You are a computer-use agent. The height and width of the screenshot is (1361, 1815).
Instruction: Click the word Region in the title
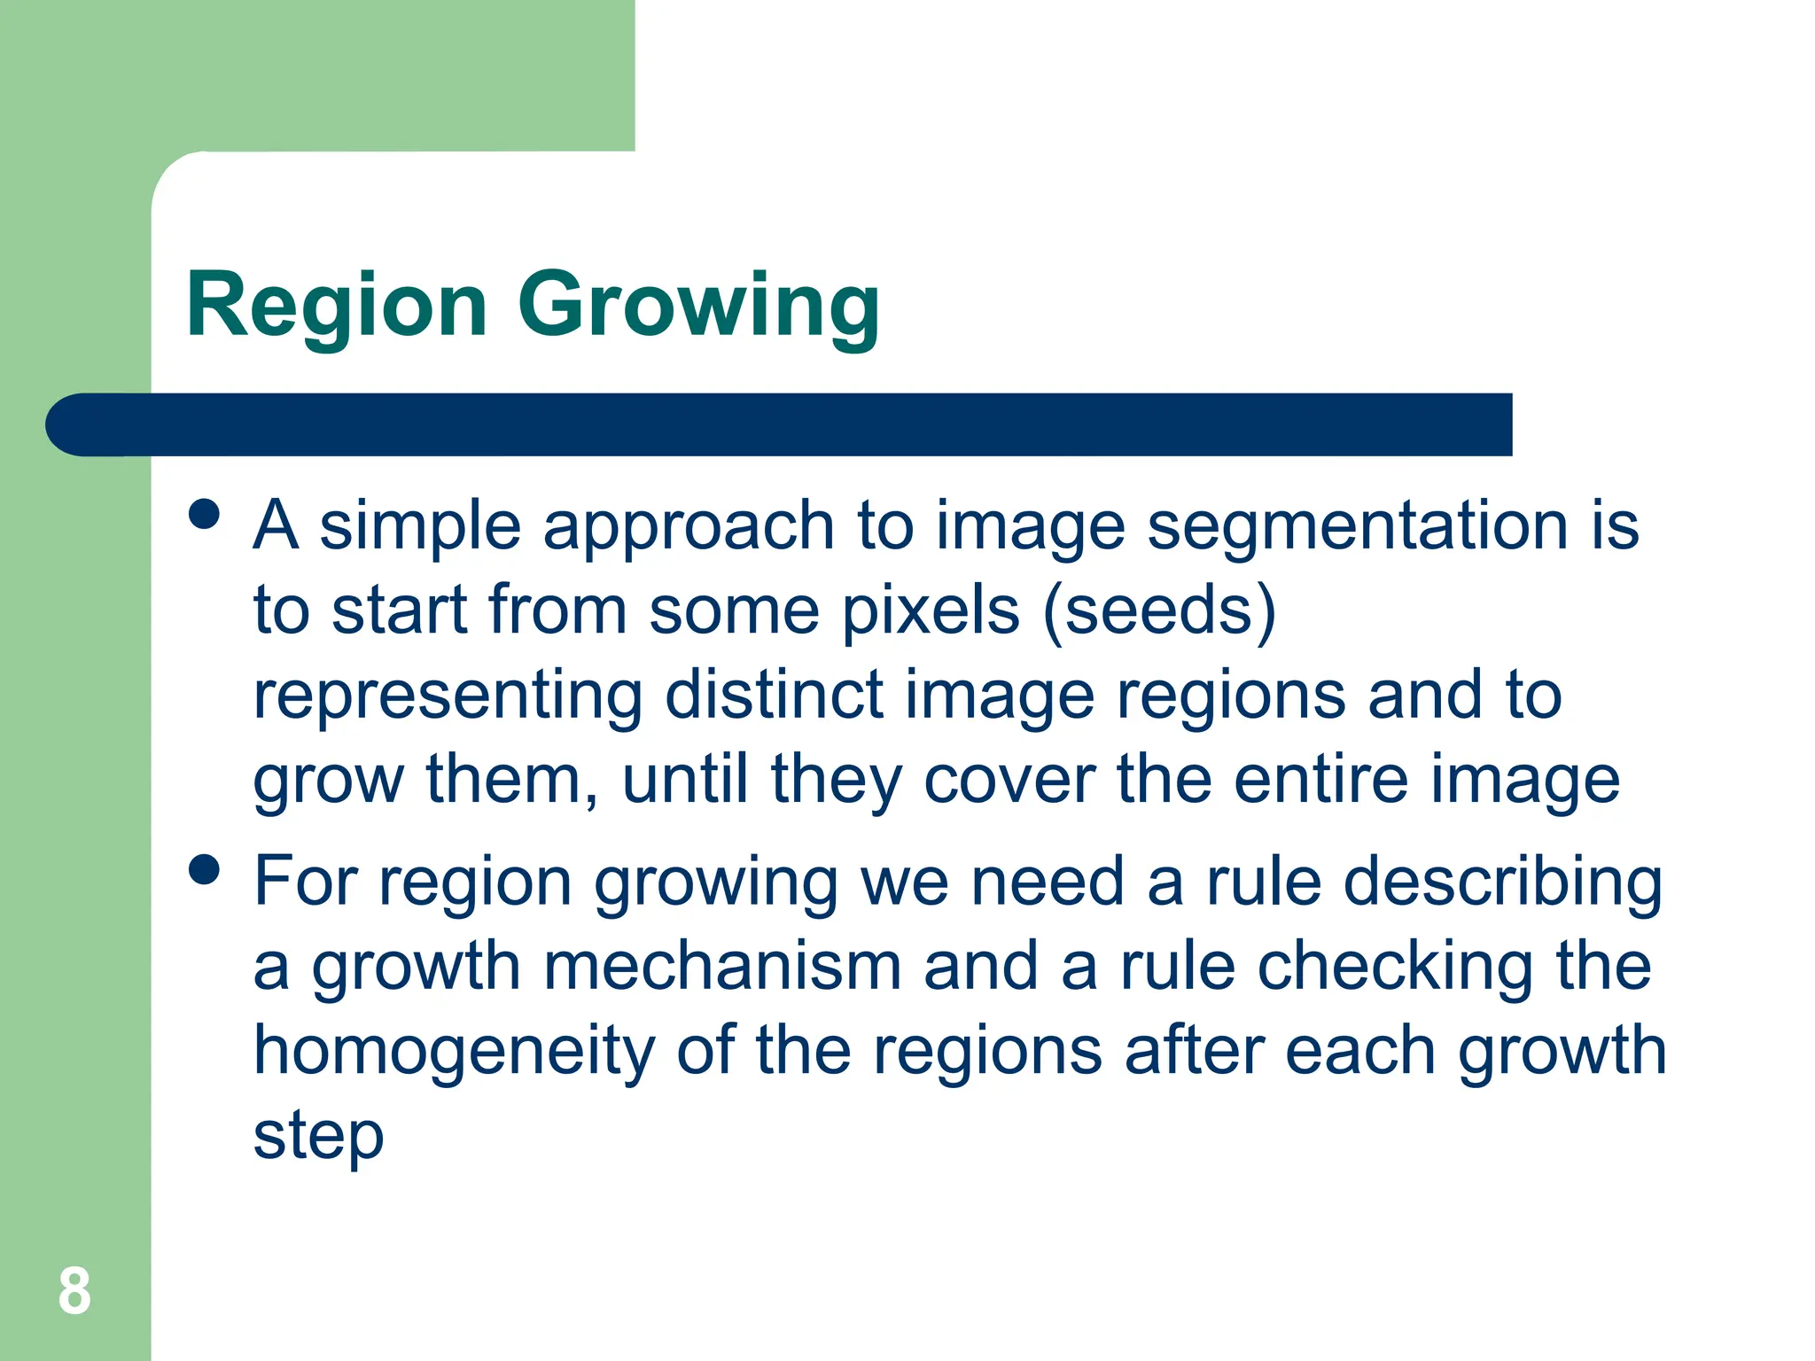[x=337, y=306]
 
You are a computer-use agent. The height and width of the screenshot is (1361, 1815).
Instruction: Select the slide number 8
[x=74, y=1291]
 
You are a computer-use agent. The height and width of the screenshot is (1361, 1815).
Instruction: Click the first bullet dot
[x=204, y=514]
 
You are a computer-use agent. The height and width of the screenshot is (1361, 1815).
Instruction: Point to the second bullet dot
[x=204, y=869]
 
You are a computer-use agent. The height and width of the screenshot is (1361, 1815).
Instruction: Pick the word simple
[x=420, y=526]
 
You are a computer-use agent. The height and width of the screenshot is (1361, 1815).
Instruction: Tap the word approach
[x=689, y=526]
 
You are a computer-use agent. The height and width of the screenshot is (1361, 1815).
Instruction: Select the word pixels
[x=931, y=611]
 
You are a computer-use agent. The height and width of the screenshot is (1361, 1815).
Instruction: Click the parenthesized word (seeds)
[x=1159, y=611]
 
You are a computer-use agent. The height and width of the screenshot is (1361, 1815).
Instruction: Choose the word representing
[x=448, y=696]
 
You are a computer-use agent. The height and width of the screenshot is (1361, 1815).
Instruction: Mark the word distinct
[x=774, y=696]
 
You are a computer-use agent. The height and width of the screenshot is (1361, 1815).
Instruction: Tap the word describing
[x=1502, y=883]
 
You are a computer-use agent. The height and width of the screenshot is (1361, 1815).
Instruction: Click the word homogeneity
[x=454, y=1052]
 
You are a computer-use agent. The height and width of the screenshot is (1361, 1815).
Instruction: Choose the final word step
[x=318, y=1137]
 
